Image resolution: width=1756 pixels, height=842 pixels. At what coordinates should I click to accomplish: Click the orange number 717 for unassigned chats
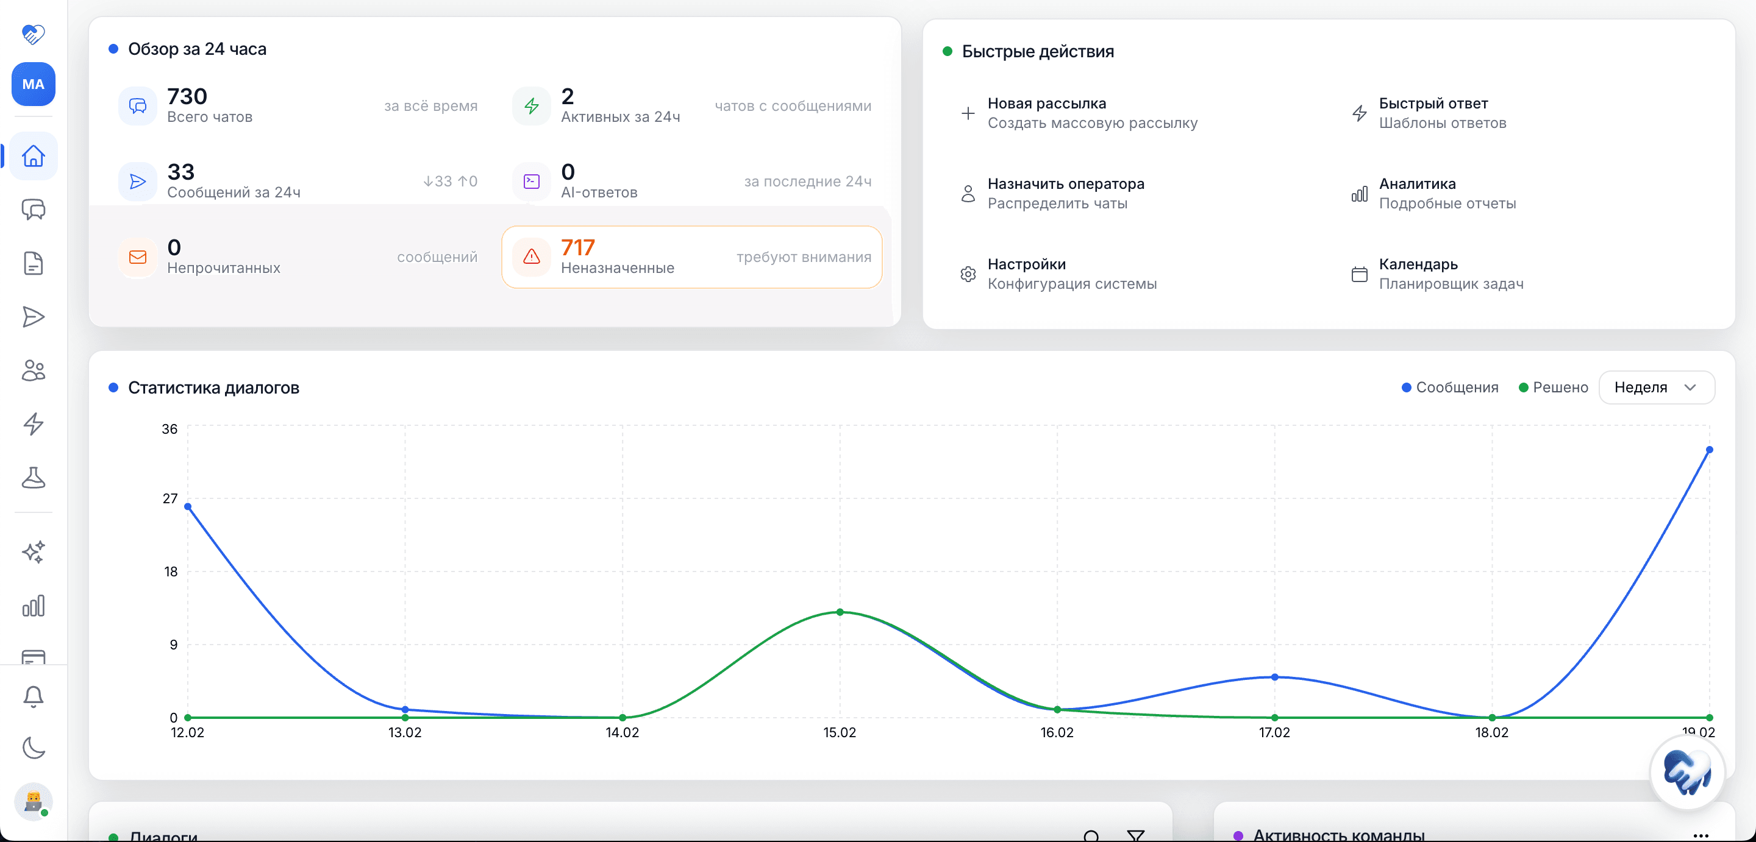pyautogui.click(x=577, y=247)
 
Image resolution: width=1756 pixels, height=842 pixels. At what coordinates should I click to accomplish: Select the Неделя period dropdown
pyautogui.click(x=1656, y=387)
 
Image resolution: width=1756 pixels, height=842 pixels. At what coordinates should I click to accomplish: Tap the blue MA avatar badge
pyautogui.click(x=34, y=85)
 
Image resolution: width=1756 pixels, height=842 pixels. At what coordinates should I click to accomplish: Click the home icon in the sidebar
pyautogui.click(x=34, y=156)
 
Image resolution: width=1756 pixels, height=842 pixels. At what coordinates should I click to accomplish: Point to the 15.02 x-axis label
pyautogui.click(x=839, y=732)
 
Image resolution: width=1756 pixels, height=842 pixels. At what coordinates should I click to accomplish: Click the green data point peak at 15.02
pyautogui.click(x=840, y=612)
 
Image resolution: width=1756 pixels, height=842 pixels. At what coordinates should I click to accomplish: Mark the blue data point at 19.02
pyautogui.click(x=1709, y=450)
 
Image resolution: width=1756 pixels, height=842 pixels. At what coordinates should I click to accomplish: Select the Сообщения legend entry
pyautogui.click(x=1450, y=387)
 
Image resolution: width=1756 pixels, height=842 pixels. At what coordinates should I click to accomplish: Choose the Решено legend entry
pyautogui.click(x=1553, y=387)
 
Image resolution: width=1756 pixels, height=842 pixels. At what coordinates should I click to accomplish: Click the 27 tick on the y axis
pyautogui.click(x=170, y=498)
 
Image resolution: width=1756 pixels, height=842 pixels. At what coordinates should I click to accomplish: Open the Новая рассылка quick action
pyautogui.click(x=1046, y=104)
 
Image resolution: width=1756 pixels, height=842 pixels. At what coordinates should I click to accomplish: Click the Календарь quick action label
pyautogui.click(x=1418, y=264)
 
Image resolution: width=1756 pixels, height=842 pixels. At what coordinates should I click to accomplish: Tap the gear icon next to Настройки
pyautogui.click(x=968, y=274)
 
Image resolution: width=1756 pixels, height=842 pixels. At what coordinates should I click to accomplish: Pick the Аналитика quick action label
pyautogui.click(x=1417, y=184)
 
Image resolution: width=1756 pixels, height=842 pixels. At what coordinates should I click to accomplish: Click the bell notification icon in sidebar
pyautogui.click(x=34, y=696)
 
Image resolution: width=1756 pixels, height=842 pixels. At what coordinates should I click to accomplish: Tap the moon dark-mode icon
pyautogui.click(x=34, y=748)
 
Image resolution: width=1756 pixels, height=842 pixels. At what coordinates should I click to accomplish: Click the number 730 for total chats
pyautogui.click(x=187, y=96)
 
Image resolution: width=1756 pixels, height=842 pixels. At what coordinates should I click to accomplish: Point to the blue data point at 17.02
pyautogui.click(x=1274, y=677)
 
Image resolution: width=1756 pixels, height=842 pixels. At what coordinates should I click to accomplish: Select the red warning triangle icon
pyautogui.click(x=531, y=257)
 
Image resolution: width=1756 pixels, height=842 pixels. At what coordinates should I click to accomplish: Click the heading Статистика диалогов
pyautogui.click(x=213, y=387)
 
